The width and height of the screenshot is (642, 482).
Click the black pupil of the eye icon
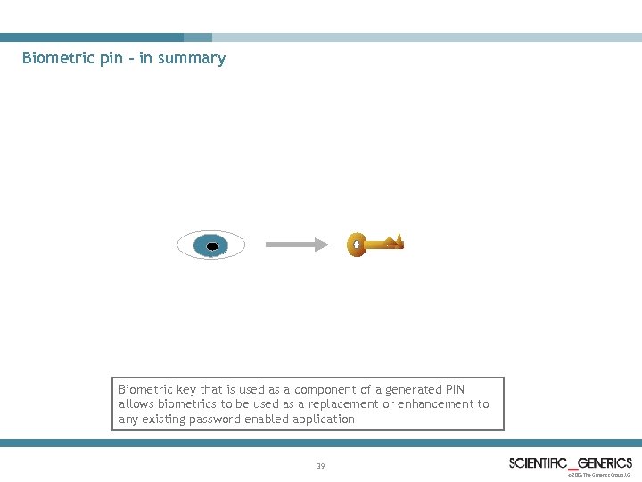212,245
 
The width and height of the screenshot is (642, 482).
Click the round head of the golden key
357,245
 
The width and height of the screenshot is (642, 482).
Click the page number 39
321,466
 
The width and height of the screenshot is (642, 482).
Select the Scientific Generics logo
571,462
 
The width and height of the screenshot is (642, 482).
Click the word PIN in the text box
454,389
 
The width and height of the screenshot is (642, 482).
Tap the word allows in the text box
136,404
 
